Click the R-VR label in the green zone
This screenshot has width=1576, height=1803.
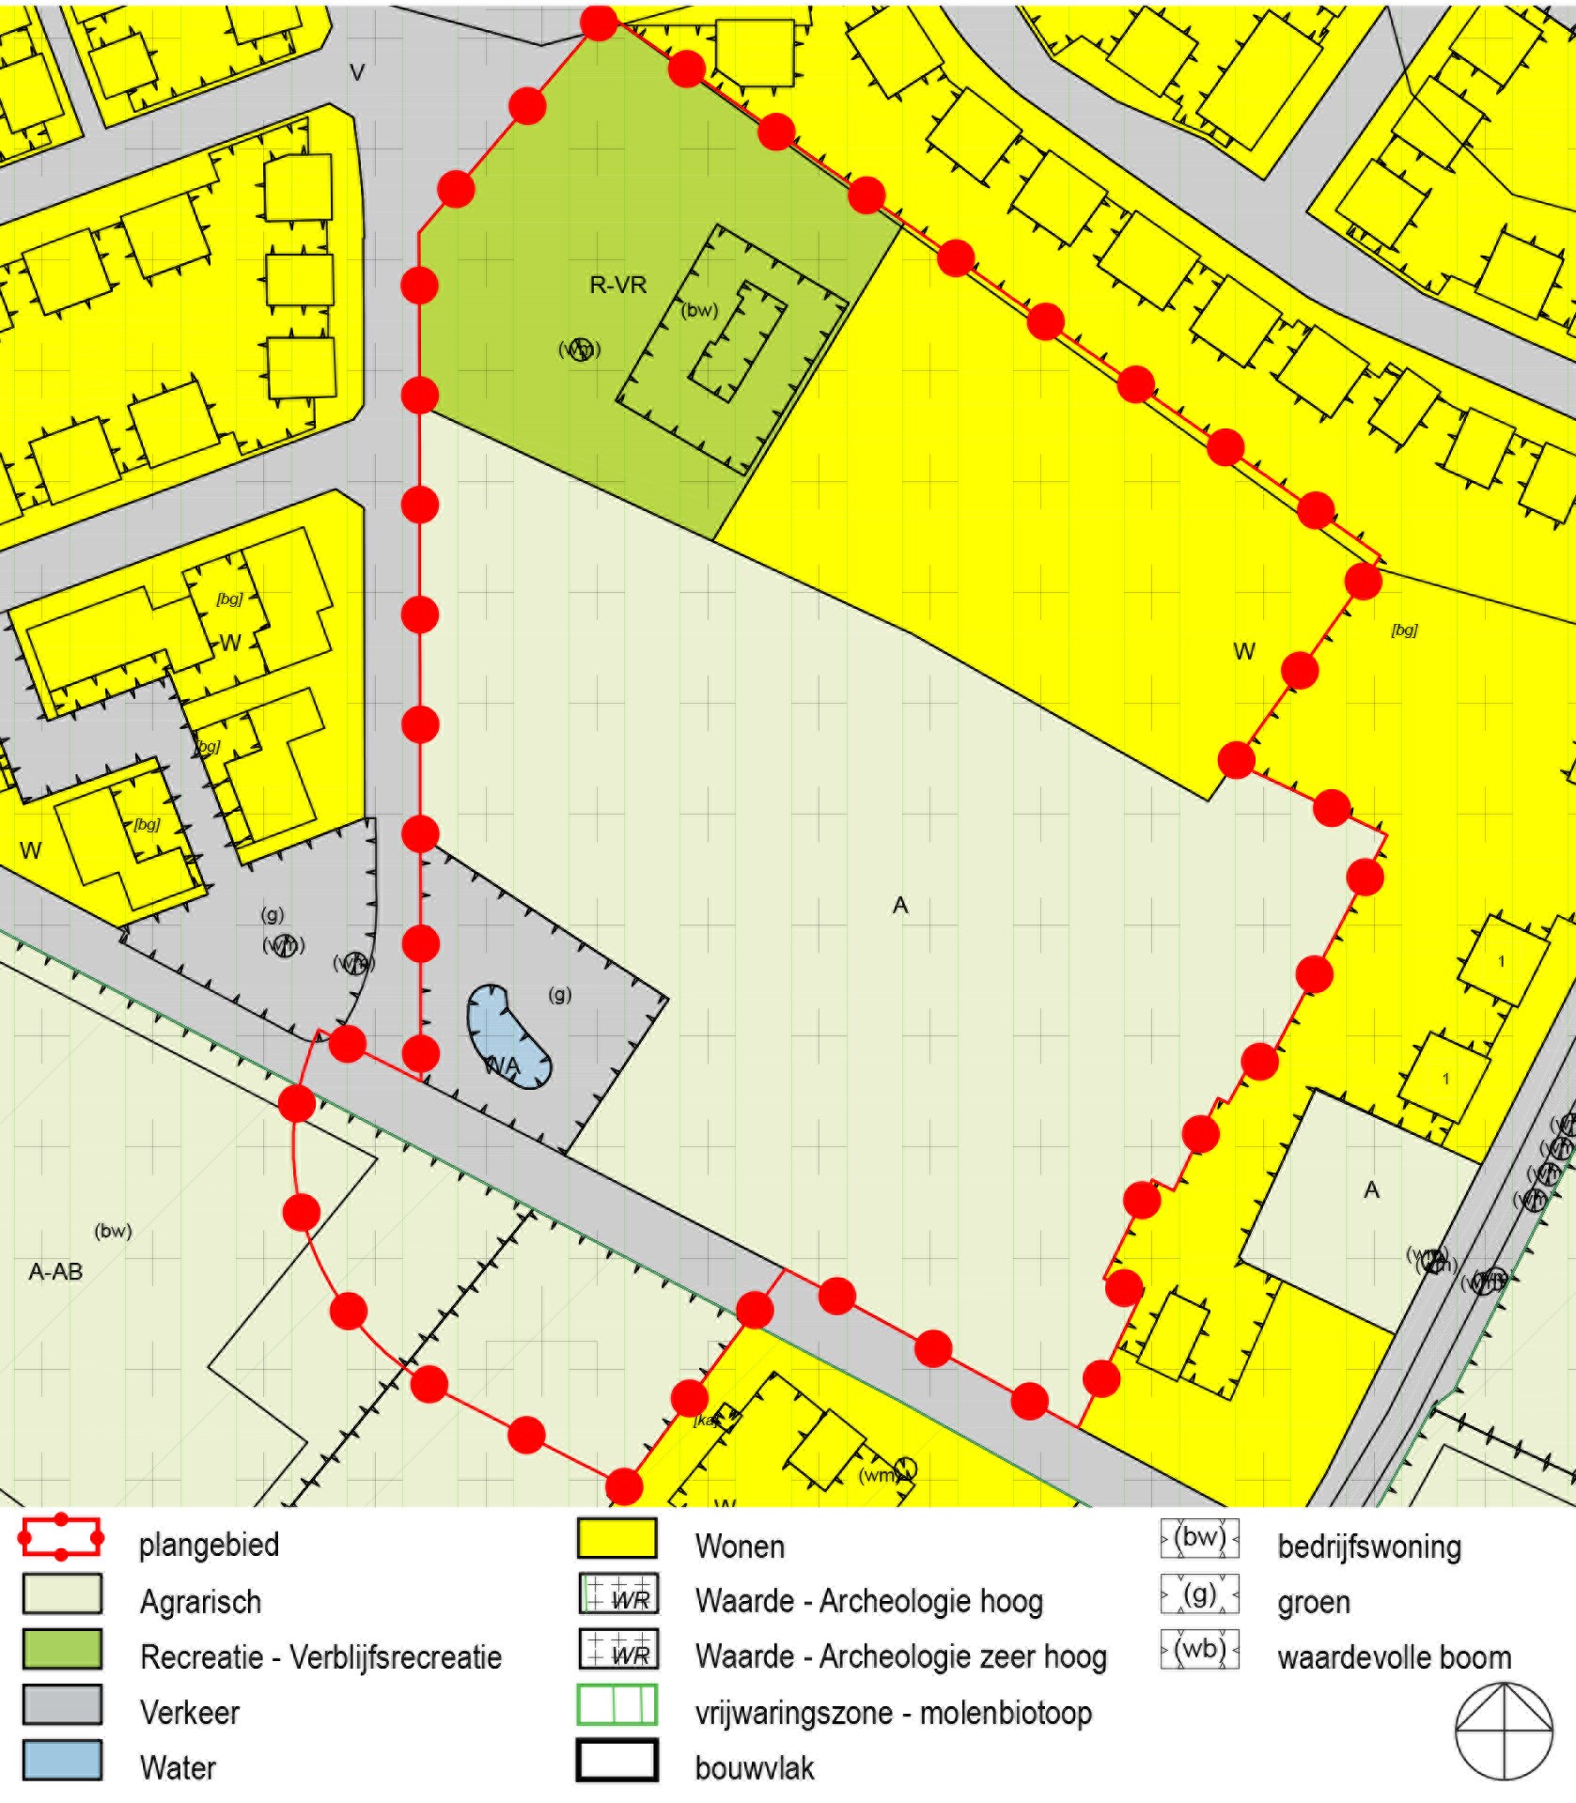617,285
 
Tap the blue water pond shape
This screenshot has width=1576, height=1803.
507,1036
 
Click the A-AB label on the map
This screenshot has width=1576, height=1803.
56,1272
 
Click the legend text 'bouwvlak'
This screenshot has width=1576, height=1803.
754,1768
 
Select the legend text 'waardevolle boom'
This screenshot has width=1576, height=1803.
1394,1657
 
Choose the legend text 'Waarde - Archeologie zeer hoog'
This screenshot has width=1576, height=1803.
900,1657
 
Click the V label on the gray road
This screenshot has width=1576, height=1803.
356,72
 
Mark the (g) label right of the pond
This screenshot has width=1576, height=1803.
559,995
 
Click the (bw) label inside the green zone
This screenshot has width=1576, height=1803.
699,311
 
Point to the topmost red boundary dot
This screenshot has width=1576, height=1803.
599,22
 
